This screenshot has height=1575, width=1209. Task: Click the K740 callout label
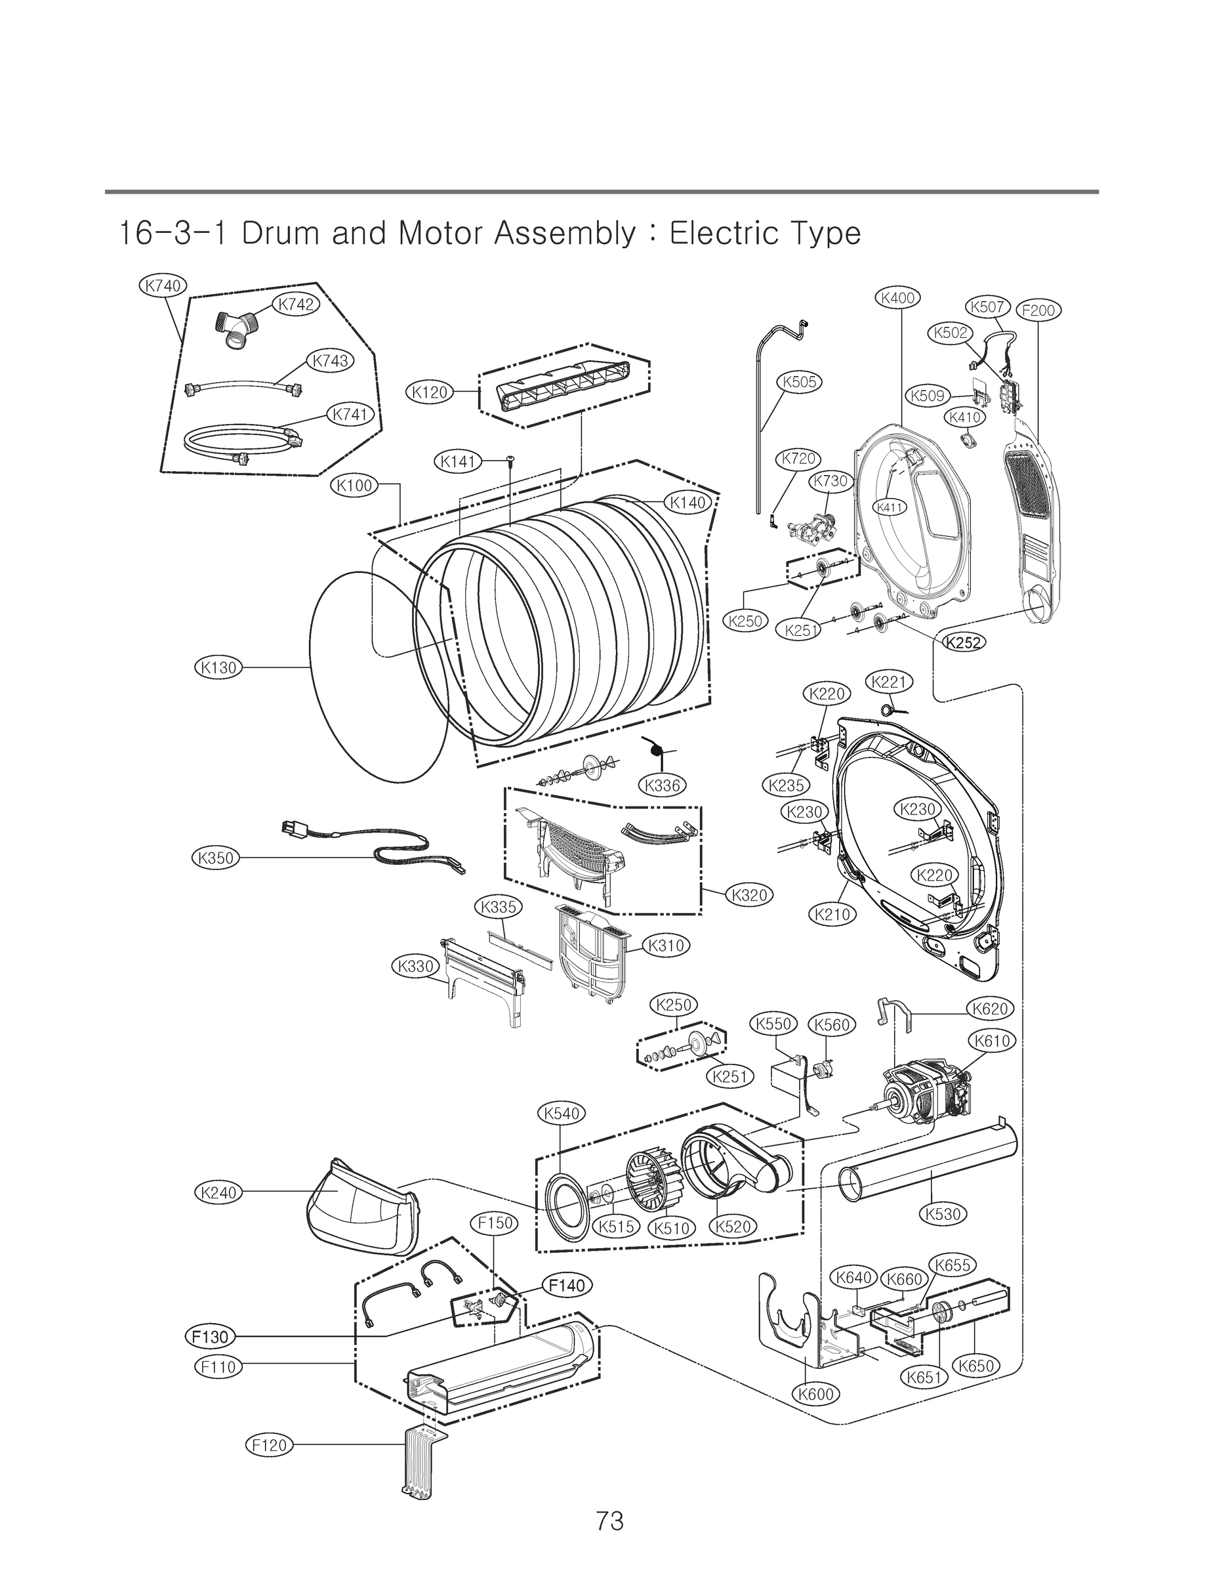[163, 285]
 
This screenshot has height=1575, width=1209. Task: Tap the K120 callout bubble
[430, 392]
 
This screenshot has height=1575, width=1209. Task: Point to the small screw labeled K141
[510, 461]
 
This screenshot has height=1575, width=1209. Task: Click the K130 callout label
[218, 667]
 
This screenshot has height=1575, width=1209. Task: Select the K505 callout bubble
[800, 381]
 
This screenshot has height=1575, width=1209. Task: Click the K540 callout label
[562, 1114]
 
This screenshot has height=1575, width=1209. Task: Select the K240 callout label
[218, 1192]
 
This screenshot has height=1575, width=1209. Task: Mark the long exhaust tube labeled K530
[928, 1169]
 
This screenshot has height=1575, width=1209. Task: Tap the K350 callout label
[216, 858]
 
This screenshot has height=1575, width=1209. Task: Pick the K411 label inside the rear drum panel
[889, 507]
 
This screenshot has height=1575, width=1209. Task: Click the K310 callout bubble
[666, 945]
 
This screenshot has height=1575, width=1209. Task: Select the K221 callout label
[890, 682]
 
